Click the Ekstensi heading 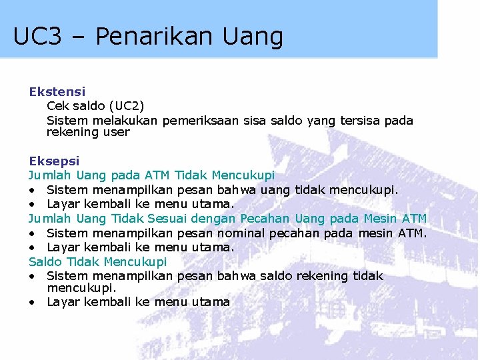tap(57, 91)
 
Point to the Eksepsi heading tap(54, 161)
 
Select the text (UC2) tap(125, 106)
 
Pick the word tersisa tap(362, 121)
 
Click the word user tap(117, 132)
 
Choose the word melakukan tap(126, 121)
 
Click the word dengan tap(213, 219)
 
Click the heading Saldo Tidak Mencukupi tap(97, 261)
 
